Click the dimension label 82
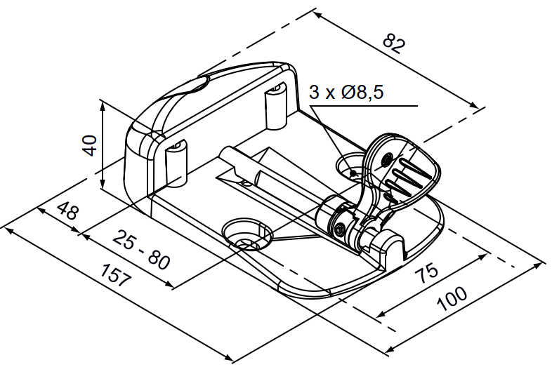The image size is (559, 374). pyautogui.click(x=394, y=44)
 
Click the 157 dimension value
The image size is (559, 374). pyautogui.click(x=116, y=275)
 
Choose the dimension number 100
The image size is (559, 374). pyautogui.click(x=452, y=299)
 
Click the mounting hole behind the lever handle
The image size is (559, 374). pyautogui.click(x=353, y=168)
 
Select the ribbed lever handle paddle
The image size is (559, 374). pyautogui.click(x=406, y=168)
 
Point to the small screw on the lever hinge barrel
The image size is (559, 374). pyautogui.click(x=341, y=228)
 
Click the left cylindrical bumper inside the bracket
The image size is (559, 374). pyautogui.click(x=176, y=163)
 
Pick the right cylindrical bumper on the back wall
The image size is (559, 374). pyautogui.click(x=275, y=105)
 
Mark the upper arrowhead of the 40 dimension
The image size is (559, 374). pyautogui.click(x=103, y=105)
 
